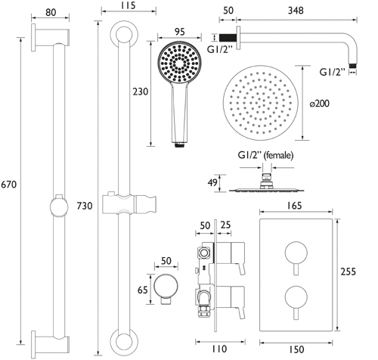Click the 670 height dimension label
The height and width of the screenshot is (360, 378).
pyautogui.click(x=9, y=185)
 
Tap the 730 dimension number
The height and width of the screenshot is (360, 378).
pyautogui.click(x=85, y=206)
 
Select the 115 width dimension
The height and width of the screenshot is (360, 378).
pyautogui.click(x=128, y=5)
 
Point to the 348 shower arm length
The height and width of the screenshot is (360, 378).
pyautogui.click(x=296, y=11)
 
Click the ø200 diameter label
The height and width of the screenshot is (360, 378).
pyautogui.click(x=320, y=104)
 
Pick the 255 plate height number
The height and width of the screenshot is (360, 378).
pyautogui.click(x=348, y=272)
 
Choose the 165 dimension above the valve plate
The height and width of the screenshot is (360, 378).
pyautogui.click(x=294, y=206)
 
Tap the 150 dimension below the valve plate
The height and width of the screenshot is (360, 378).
pyautogui.click(x=296, y=349)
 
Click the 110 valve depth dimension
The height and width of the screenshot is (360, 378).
pyautogui.click(x=219, y=349)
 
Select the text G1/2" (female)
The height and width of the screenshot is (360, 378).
pyautogui.click(x=265, y=155)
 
